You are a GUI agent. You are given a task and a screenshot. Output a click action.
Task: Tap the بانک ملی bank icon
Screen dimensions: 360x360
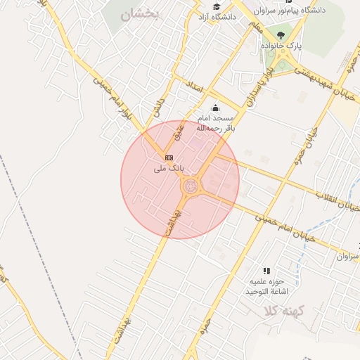[169, 157]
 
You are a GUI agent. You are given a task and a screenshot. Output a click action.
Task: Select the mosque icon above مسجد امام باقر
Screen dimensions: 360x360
[215, 108]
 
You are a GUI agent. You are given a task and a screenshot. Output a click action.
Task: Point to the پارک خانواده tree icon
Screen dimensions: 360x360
[281, 34]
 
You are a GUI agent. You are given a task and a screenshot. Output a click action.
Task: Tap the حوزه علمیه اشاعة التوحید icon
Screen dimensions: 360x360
[266, 271]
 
